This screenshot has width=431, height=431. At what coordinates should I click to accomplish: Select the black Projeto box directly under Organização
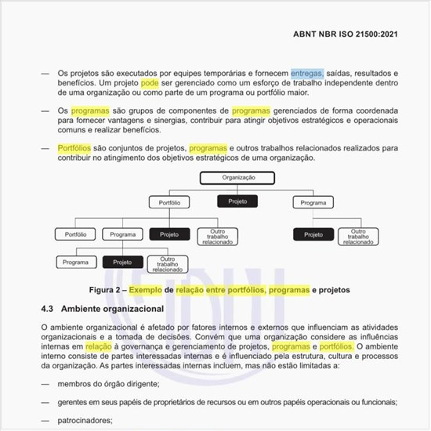[237, 201]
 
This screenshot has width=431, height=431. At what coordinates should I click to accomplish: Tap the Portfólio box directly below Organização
[170, 202]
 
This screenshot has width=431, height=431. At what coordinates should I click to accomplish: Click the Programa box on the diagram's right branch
[313, 202]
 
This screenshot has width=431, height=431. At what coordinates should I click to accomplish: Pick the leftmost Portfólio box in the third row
[75, 234]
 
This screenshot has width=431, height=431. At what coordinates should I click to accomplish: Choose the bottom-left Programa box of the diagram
[75, 262]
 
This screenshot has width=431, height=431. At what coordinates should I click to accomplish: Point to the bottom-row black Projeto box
[122, 262]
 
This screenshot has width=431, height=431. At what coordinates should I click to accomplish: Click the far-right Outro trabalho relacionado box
[358, 237]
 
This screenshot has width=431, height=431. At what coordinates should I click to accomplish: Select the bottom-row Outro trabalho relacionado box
[167, 263]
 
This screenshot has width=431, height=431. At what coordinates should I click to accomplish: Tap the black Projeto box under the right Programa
[313, 234]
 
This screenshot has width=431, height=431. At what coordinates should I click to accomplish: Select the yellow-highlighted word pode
[150, 82]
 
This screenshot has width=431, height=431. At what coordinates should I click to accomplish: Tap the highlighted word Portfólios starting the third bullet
[74, 147]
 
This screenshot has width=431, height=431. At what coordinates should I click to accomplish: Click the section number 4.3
[49, 309]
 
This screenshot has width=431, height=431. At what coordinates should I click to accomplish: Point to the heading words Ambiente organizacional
[112, 309]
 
